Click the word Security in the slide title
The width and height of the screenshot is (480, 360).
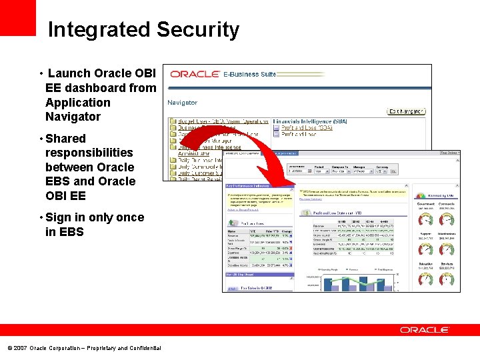[198, 30]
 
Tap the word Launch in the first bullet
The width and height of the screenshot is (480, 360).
[69, 73]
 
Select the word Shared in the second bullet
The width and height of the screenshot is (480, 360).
[65, 139]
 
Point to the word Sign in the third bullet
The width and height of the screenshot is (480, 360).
[58, 217]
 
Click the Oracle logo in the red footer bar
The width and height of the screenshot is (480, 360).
[425, 330]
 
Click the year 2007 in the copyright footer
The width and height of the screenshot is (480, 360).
[20, 348]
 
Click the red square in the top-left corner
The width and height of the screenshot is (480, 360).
[17, 17]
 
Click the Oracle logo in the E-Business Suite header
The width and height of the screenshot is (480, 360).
[195, 74]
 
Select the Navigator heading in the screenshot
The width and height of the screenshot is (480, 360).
[182, 103]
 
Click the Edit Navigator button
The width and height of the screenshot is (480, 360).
[406, 111]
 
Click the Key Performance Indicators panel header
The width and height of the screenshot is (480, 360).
[248, 185]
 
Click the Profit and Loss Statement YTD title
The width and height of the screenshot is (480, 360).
[340, 213]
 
